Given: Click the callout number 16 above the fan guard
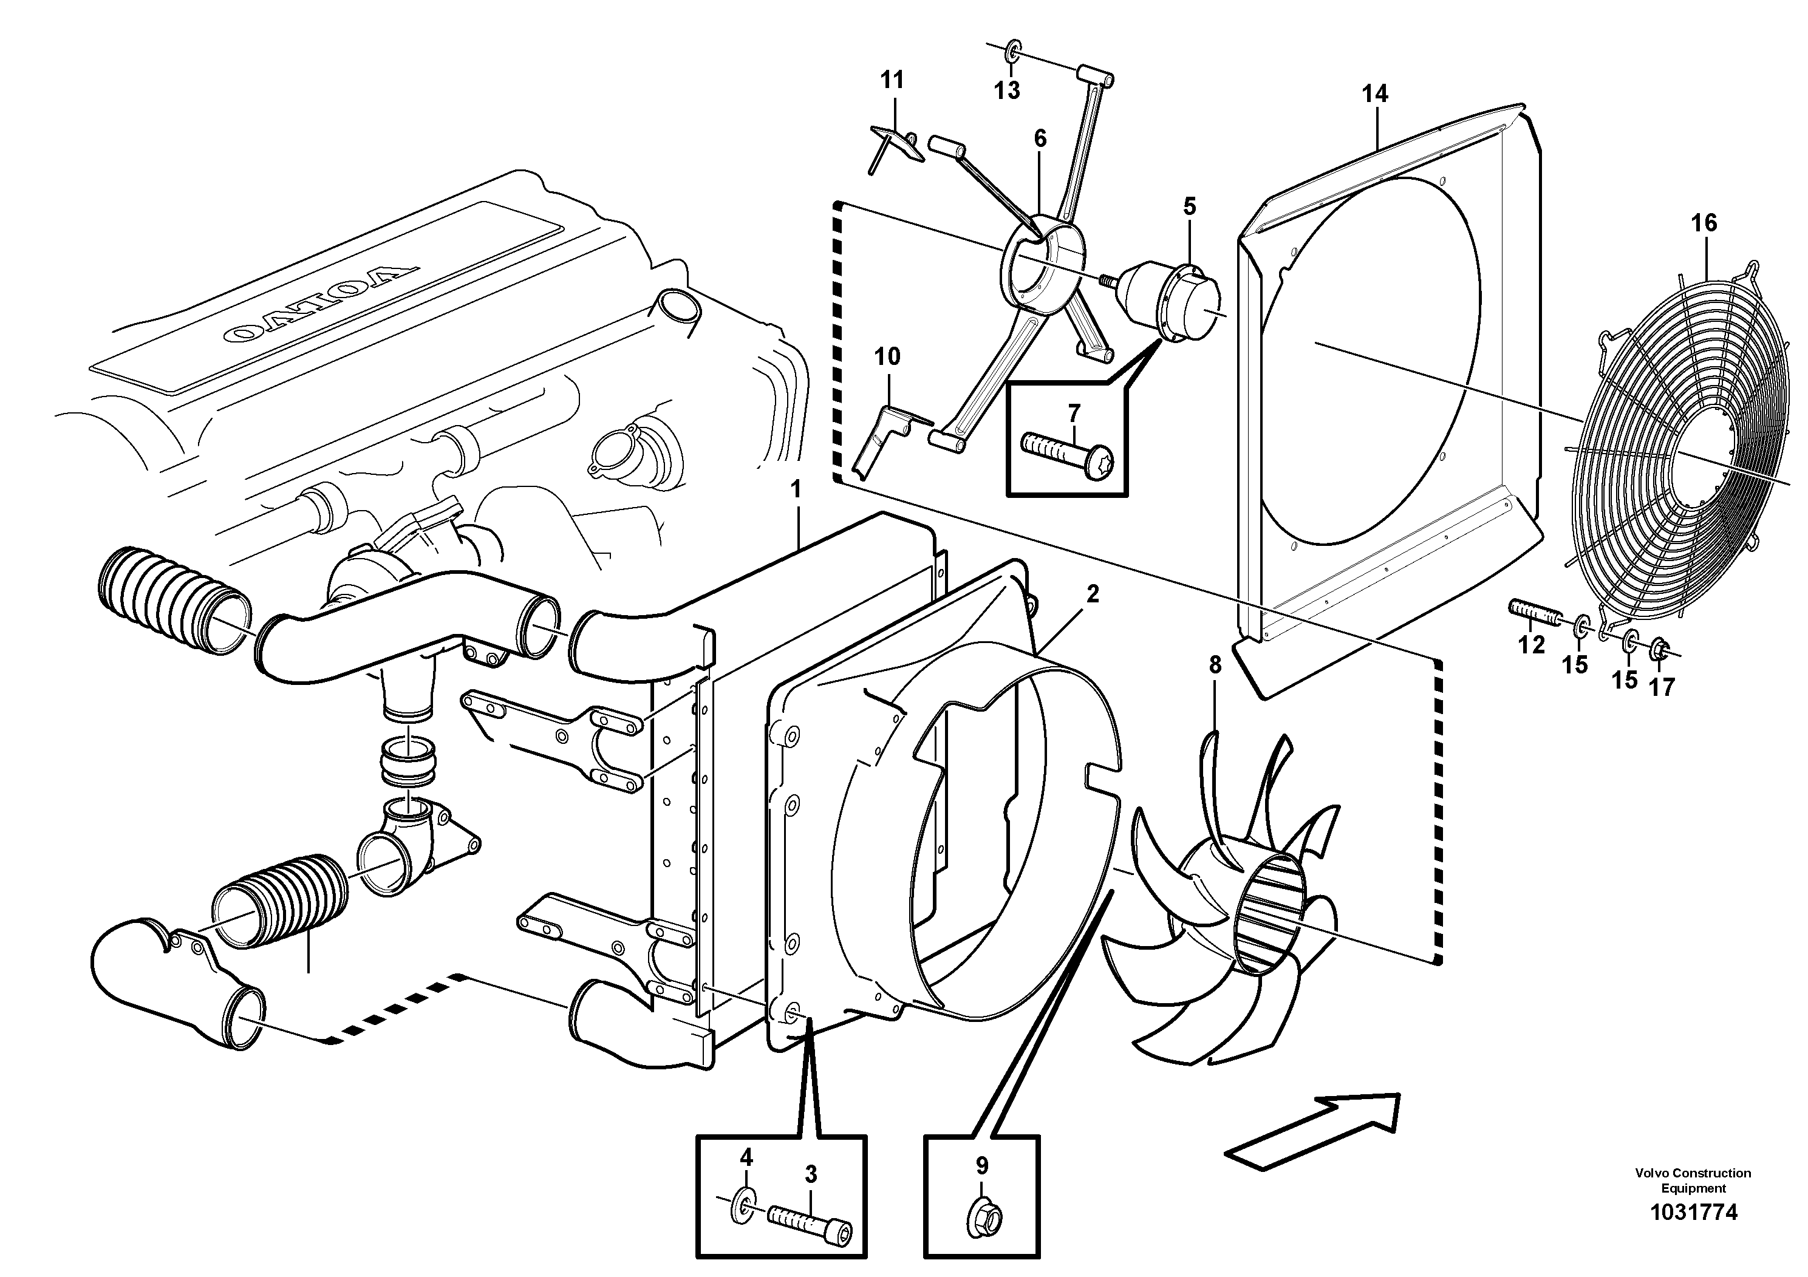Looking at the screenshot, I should pyautogui.click(x=1704, y=223).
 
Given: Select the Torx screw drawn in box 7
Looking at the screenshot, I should pyautogui.click(x=1066, y=454).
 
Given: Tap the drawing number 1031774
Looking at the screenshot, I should pyautogui.click(x=1693, y=1234).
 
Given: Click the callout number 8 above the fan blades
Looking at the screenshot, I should pyautogui.click(x=1215, y=666).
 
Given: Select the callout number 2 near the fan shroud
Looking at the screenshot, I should pyautogui.click(x=1092, y=594).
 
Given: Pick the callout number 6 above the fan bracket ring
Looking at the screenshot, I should pyautogui.click(x=1040, y=139).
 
